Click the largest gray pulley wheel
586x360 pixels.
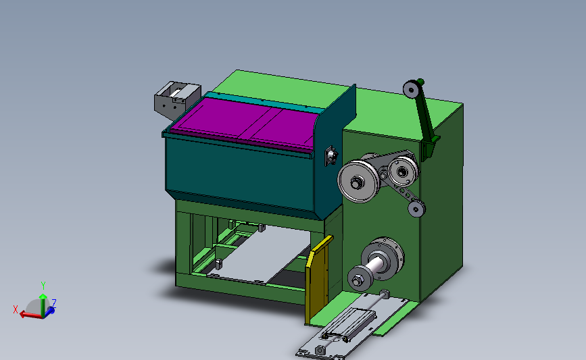358,181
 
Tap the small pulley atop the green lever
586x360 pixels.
411,89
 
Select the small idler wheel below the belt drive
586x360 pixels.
416,209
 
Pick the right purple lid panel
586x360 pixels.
284,129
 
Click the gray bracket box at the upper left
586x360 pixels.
177,100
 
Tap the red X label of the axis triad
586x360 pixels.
16,309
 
